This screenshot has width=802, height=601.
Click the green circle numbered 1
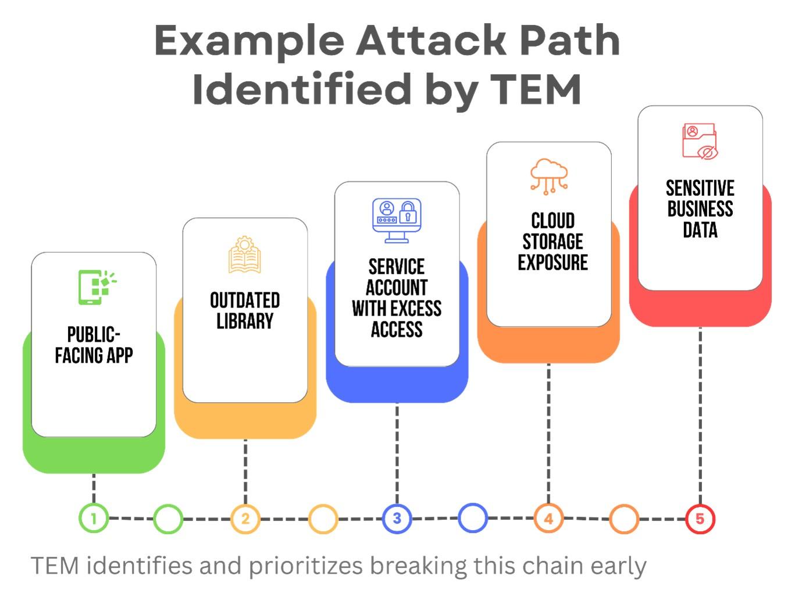94,518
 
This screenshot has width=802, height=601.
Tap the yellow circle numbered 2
245,518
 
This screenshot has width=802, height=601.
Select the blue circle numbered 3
397,518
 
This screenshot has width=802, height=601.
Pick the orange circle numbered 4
548,518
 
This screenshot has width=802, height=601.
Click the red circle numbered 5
700,518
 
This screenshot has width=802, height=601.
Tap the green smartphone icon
95,287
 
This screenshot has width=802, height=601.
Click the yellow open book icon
245,255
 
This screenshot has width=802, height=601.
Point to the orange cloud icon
548,176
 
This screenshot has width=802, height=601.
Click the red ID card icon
700,141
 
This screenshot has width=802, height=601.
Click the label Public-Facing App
94,345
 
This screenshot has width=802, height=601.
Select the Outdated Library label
245,311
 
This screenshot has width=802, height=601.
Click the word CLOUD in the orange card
553,221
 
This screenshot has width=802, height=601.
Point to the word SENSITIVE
700,188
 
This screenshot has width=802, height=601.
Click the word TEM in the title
536,90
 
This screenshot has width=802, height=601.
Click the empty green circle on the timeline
168,518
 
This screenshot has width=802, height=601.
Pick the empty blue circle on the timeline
473,518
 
